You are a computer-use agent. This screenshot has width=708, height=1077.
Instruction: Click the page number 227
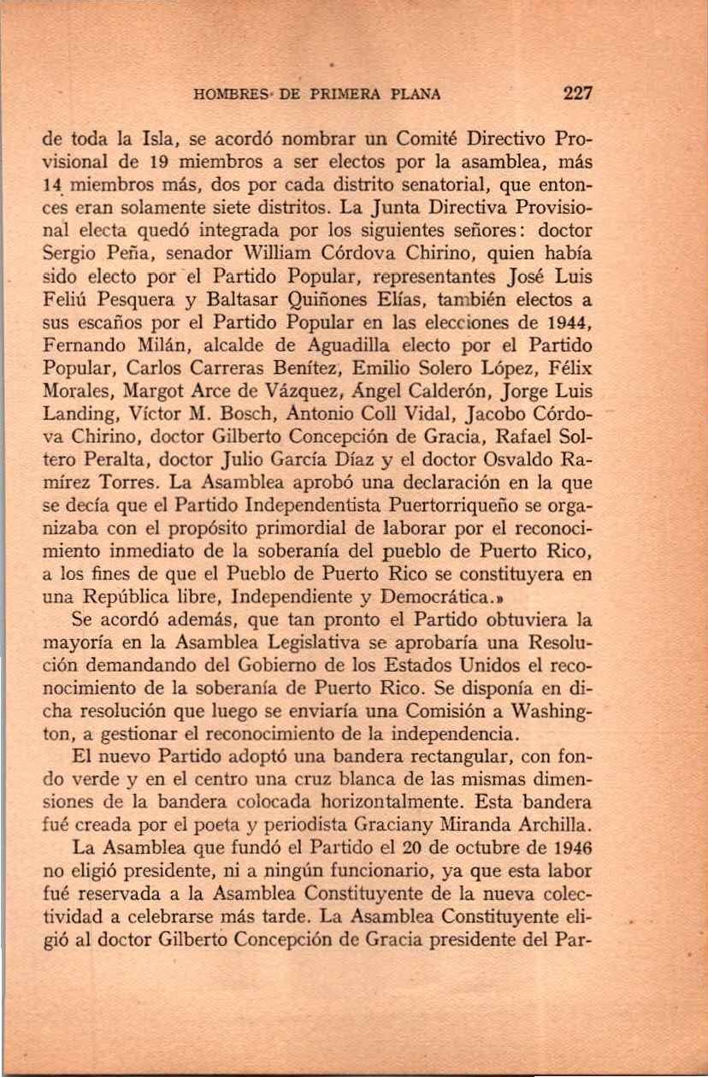[577, 93]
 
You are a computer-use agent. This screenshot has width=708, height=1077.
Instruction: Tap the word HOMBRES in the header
[227, 94]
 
